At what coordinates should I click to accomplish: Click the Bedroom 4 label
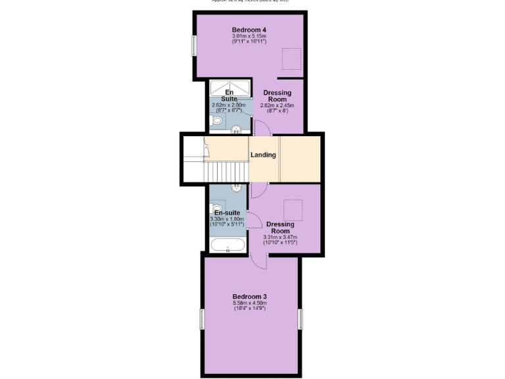249,30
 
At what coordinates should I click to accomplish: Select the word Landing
263,155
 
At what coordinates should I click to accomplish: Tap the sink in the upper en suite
235,129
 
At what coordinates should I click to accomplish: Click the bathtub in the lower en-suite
228,246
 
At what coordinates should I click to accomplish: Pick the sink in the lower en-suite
236,188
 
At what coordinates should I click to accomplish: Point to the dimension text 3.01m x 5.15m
249,37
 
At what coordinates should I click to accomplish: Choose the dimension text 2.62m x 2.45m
277,105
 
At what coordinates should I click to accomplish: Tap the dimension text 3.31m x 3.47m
280,238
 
